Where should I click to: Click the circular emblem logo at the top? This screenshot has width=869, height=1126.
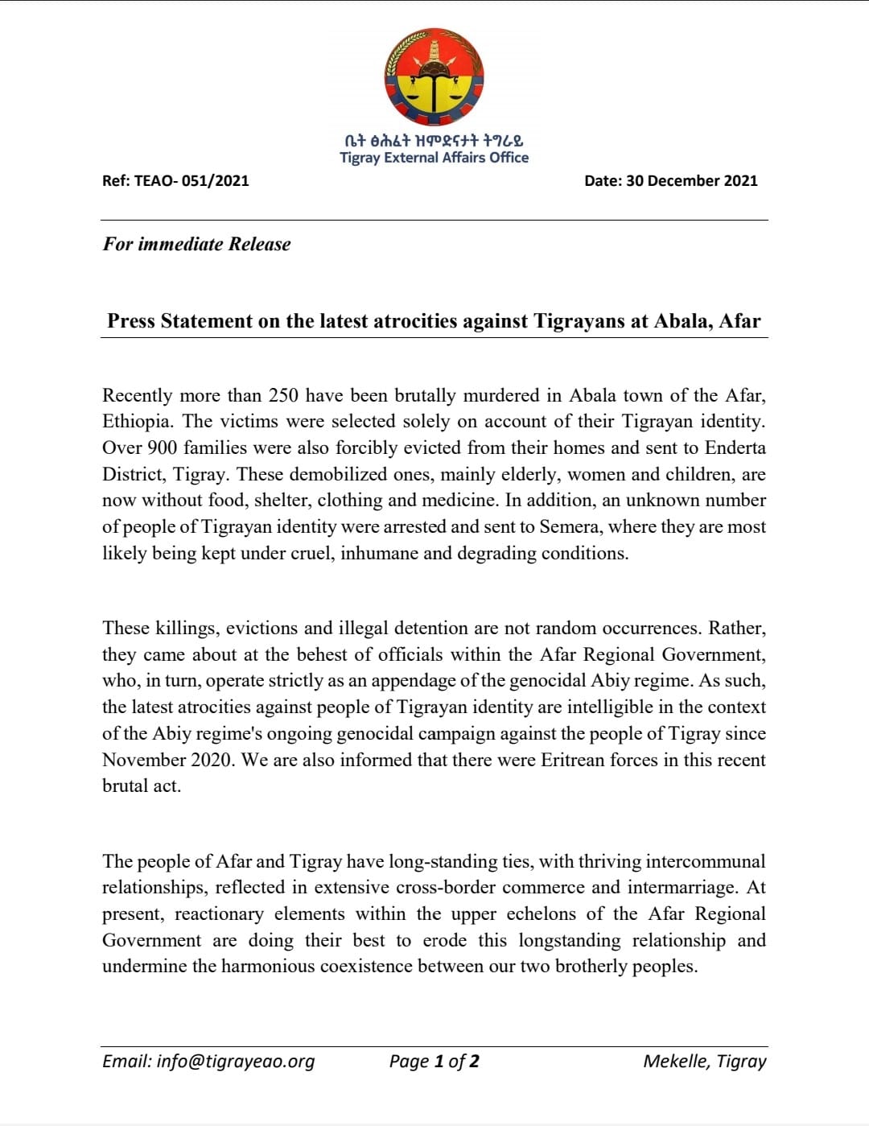click(434, 77)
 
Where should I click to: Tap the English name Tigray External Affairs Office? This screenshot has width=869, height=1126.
click(434, 158)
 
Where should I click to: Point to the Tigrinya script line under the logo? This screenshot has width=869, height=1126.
click(434, 140)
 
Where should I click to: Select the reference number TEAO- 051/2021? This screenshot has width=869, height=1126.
click(200, 181)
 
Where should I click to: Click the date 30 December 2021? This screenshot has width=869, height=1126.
click(691, 181)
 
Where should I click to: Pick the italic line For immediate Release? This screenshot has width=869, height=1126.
click(196, 244)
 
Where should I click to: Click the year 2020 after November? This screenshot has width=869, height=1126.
click(212, 761)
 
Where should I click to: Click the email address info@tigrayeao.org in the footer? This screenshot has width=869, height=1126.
click(208, 1062)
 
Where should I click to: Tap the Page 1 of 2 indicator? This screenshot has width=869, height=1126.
click(434, 1062)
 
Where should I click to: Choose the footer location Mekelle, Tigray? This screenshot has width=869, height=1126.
click(704, 1062)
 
